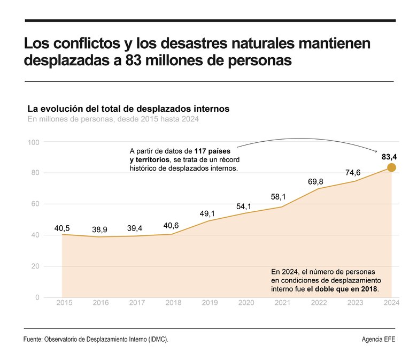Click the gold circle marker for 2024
(x=391, y=167)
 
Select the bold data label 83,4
(x=389, y=157)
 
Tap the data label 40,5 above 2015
(x=62, y=228)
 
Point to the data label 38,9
(x=99, y=230)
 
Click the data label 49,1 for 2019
(x=207, y=214)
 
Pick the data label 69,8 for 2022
(x=316, y=182)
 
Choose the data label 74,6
(x=353, y=172)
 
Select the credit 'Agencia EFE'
(x=379, y=340)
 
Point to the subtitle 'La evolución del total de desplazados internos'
(x=128, y=109)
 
